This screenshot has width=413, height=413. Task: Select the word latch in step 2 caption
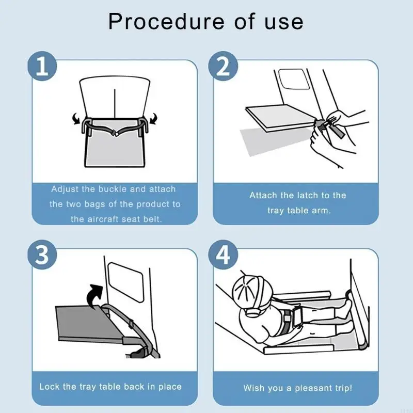308,195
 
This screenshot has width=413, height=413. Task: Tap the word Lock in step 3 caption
49,387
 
